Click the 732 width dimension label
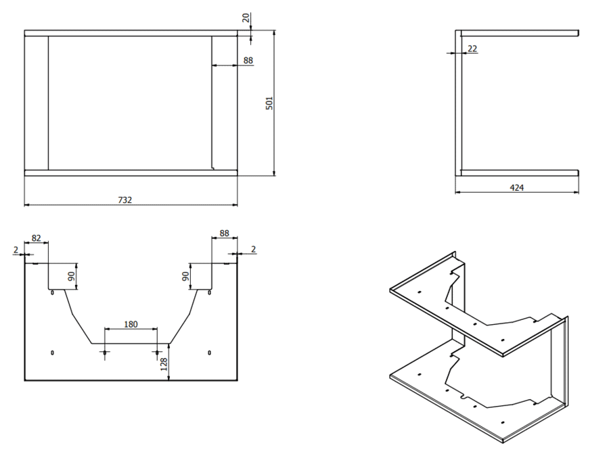pyautogui.click(x=125, y=200)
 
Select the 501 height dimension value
pyautogui.click(x=269, y=104)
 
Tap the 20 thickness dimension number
pyautogui.click(x=246, y=18)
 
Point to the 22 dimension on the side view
pyautogui.click(x=472, y=49)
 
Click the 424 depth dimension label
pyautogui.click(x=516, y=187)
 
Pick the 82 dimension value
pyautogui.click(x=36, y=237)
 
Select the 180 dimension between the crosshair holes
pyautogui.click(x=131, y=324)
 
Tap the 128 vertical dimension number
pyautogui.click(x=164, y=364)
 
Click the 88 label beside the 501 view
pyautogui.click(x=248, y=60)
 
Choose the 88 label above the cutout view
pyautogui.click(x=224, y=233)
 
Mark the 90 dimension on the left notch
pyautogui.click(x=71, y=276)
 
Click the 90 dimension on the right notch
pyautogui.click(x=185, y=276)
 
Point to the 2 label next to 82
pyautogui.click(x=16, y=250)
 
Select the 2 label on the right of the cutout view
pyautogui.click(x=253, y=249)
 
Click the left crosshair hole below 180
pyautogui.click(x=104, y=353)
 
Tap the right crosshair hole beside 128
pyautogui.click(x=157, y=353)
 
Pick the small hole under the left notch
pyautogui.click(x=52, y=292)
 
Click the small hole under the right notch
pyautogui.click(x=209, y=292)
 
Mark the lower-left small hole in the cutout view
pyautogui.click(x=52, y=353)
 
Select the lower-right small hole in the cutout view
pyautogui.click(x=209, y=353)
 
